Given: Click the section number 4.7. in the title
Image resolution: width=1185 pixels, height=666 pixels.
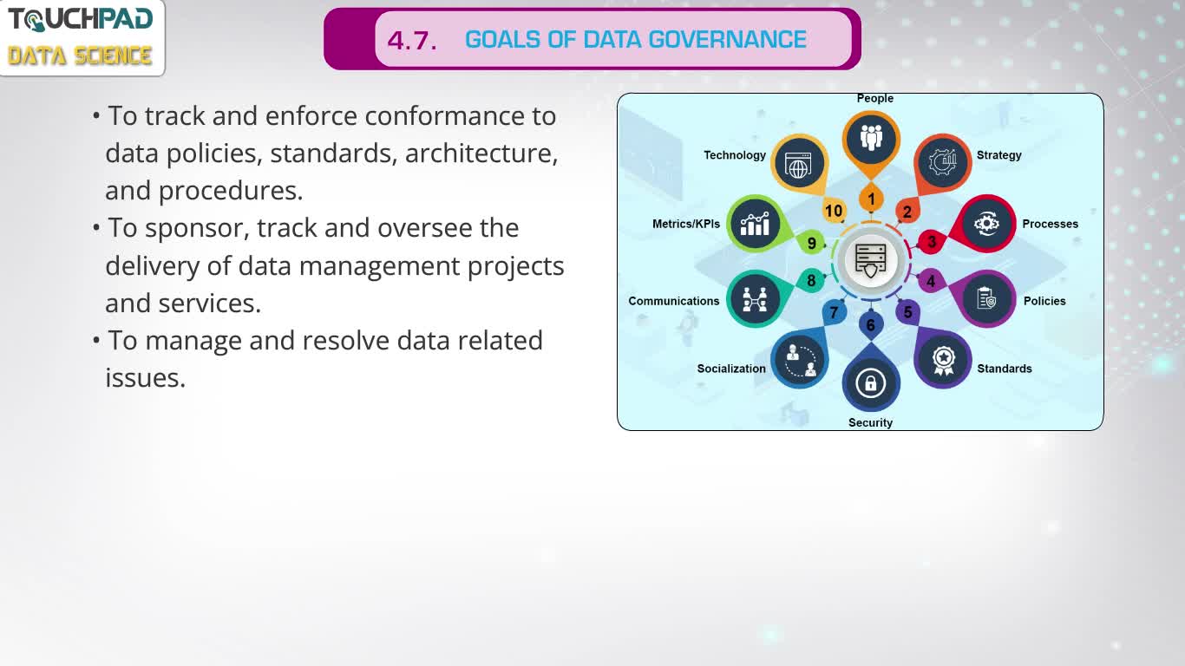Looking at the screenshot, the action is (x=412, y=41).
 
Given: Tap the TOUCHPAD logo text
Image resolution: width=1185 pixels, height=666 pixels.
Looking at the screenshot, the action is (x=81, y=19).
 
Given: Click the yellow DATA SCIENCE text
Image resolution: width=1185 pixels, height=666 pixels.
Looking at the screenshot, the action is (x=80, y=55).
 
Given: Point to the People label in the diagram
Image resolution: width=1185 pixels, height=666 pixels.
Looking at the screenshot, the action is (x=875, y=98).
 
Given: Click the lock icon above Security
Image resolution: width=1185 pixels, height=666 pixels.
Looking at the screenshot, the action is (x=871, y=382).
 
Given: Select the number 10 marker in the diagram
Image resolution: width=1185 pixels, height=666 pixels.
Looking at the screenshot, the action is (x=834, y=211).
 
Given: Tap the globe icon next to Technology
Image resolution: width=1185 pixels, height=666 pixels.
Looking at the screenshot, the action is (x=799, y=165).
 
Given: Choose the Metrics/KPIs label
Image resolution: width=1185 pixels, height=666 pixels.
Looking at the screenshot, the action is (x=686, y=224).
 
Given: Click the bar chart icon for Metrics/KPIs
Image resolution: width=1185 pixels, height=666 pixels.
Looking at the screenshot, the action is (x=755, y=225).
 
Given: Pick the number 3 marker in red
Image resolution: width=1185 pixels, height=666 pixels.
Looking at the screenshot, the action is (x=932, y=242).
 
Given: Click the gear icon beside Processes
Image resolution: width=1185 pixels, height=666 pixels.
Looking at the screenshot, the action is (x=986, y=224).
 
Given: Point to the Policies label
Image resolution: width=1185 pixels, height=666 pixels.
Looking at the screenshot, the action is (x=1044, y=301).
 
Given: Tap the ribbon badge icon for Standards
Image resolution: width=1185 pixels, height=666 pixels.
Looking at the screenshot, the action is (x=943, y=361).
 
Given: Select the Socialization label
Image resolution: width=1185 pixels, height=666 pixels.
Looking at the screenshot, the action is (x=731, y=369).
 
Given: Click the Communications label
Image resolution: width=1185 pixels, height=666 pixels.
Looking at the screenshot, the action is (x=674, y=301).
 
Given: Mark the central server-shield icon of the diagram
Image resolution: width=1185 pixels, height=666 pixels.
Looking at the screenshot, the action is (x=871, y=261).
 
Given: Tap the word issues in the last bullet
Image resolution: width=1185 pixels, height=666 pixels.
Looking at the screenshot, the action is (x=146, y=378).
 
